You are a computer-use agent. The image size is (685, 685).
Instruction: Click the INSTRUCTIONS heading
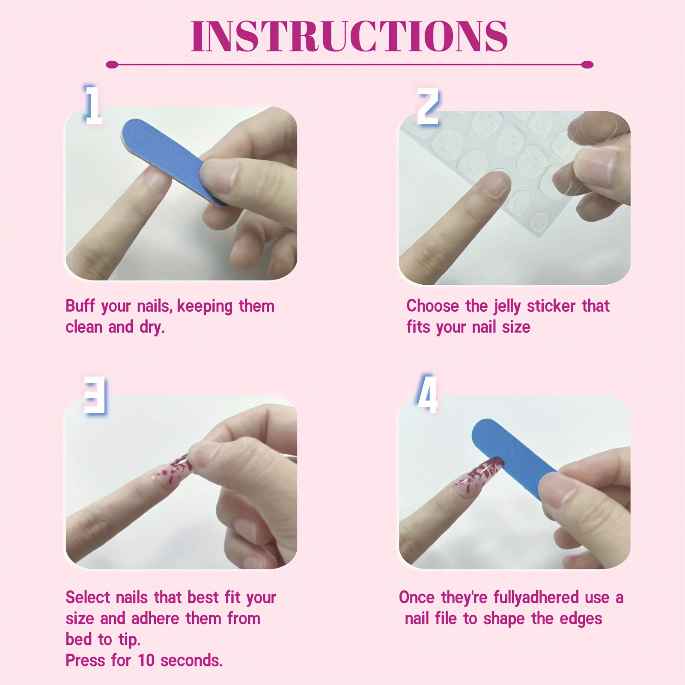click(349, 36)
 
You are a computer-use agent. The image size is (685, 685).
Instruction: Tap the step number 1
click(93, 105)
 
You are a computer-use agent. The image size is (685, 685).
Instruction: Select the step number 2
click(428, 106)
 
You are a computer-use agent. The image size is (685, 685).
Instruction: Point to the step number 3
click(95, 395)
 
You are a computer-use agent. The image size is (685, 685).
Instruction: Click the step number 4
click(428, 394)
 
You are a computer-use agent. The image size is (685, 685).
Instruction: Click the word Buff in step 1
click(80, 306)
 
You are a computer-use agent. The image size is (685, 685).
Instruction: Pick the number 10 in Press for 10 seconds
click(146, 660)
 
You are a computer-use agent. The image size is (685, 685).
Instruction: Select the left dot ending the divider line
click(112, 65)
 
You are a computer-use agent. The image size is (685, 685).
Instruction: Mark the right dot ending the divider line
click(587, 65)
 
